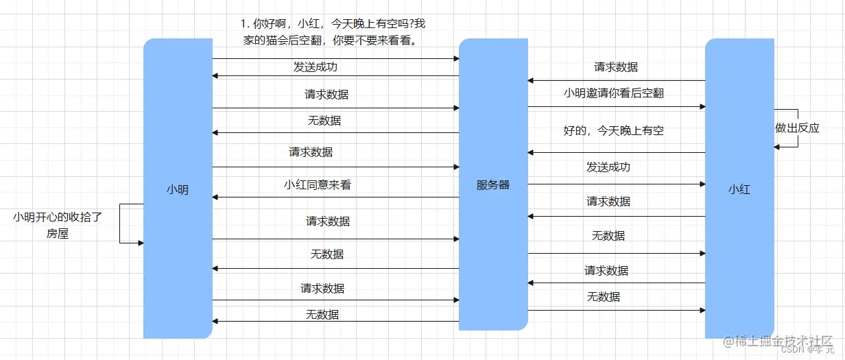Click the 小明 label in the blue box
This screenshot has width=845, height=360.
(178, 190)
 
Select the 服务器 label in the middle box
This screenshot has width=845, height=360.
(492, 185)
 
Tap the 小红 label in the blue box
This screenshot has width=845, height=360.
(739, 189)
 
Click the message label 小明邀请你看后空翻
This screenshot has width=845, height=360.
(613, 93)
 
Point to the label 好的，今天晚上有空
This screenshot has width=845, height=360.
(613, 130)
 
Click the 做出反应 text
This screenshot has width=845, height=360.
(797, 128)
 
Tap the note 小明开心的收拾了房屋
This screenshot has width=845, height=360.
(58, 226)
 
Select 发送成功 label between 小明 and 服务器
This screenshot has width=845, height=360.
(316, 67)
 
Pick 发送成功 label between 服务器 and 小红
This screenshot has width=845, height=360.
(608, 167)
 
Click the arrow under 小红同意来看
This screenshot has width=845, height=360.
(335, 197)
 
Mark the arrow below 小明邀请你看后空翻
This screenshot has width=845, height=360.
(616, 106)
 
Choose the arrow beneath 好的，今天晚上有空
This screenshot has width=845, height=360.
(616, 152)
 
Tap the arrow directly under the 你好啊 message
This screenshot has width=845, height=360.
(335, 59)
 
